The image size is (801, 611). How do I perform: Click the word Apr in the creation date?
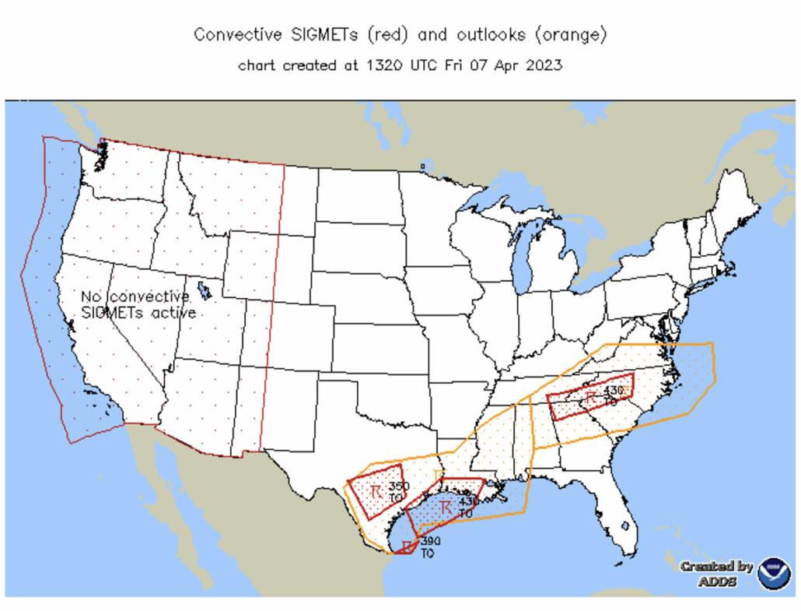(505, 65)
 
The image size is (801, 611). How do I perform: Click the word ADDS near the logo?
(717, 581)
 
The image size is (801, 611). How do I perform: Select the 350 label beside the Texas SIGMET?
(398, 486)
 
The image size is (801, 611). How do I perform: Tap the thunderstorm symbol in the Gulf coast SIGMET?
(446, 507)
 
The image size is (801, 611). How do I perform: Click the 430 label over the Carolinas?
(614, 390)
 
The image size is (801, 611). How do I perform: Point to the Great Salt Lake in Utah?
(204, 290)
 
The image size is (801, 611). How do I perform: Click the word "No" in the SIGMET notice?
(92, 297)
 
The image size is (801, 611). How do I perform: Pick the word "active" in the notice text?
(177, 313)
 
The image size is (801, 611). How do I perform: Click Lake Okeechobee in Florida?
(624, 526)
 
